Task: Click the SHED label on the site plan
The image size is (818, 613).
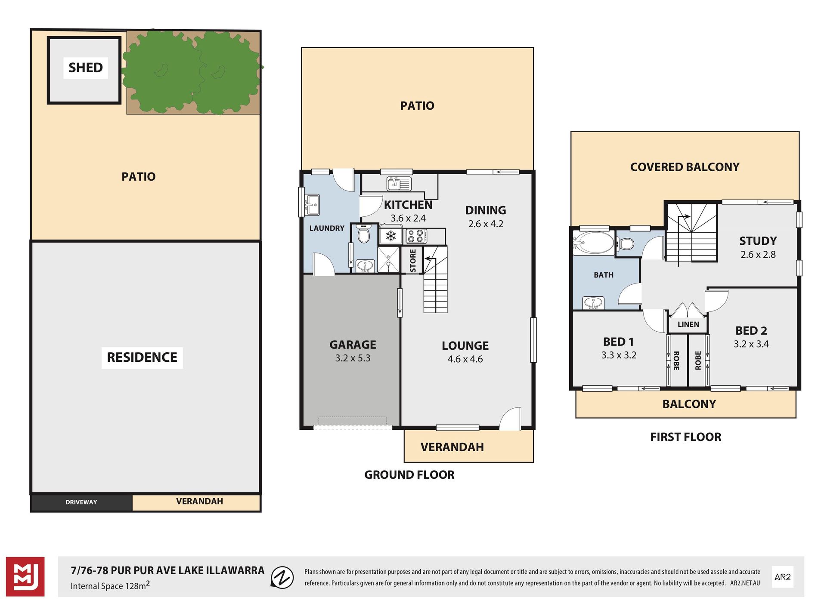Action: point(86,68)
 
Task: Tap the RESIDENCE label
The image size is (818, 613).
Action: point(142,357)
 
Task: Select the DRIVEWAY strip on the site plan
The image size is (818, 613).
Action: point(81,502)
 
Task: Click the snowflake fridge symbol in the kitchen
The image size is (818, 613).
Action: point(391,236)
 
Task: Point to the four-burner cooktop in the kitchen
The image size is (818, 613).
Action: point(416,236)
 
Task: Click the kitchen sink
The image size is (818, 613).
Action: point(399,184)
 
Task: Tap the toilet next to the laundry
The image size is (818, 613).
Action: point(364,234)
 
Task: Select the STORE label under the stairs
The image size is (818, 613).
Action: point(413,260)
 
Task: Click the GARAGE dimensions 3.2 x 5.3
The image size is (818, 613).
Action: point(353,358)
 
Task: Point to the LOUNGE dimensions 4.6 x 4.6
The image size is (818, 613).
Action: point(465,359)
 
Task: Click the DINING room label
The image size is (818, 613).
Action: point(486,210)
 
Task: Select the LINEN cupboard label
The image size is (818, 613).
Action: point(688,324)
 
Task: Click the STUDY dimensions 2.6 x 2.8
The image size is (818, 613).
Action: point(758,255)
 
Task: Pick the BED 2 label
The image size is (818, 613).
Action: point(751,331)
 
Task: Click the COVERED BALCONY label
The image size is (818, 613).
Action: point(685,167)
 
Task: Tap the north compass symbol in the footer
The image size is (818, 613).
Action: point(282,577)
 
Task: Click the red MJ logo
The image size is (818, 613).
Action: point(25,577)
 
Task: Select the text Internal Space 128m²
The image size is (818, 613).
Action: point(110,585)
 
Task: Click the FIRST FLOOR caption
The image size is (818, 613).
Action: point(685,437)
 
